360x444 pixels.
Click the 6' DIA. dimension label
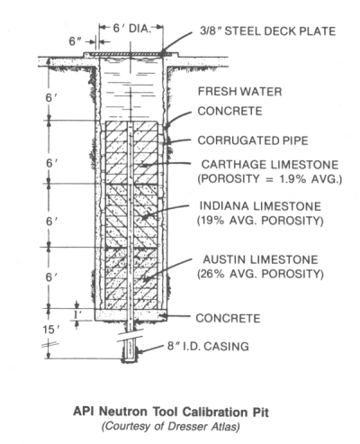tap(131, 28)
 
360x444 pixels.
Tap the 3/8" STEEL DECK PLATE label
tap(267, 32)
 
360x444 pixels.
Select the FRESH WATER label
tap(239, 91)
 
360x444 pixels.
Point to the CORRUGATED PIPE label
tap(253, 140)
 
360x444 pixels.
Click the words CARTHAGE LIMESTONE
tap(270, 165)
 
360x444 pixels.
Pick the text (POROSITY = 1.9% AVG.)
tap(270, 179)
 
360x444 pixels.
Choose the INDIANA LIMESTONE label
tap(260, 206)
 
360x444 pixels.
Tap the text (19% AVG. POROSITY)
tap(260, 221)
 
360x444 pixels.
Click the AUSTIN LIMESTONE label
tap(260, 259)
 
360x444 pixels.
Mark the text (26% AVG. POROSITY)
tap(260, 274)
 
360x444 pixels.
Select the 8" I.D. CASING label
tap(208, 346)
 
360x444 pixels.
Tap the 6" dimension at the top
tap(76, 41)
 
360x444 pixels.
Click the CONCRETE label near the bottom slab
tap(228, 318)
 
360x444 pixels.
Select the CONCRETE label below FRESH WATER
tap(229, 111)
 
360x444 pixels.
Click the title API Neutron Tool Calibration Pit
tap(171, 412)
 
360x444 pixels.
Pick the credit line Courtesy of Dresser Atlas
tap(171, 427)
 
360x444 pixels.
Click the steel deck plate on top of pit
tap(130, 54)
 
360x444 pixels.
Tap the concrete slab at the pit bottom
tap(130, 314)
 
